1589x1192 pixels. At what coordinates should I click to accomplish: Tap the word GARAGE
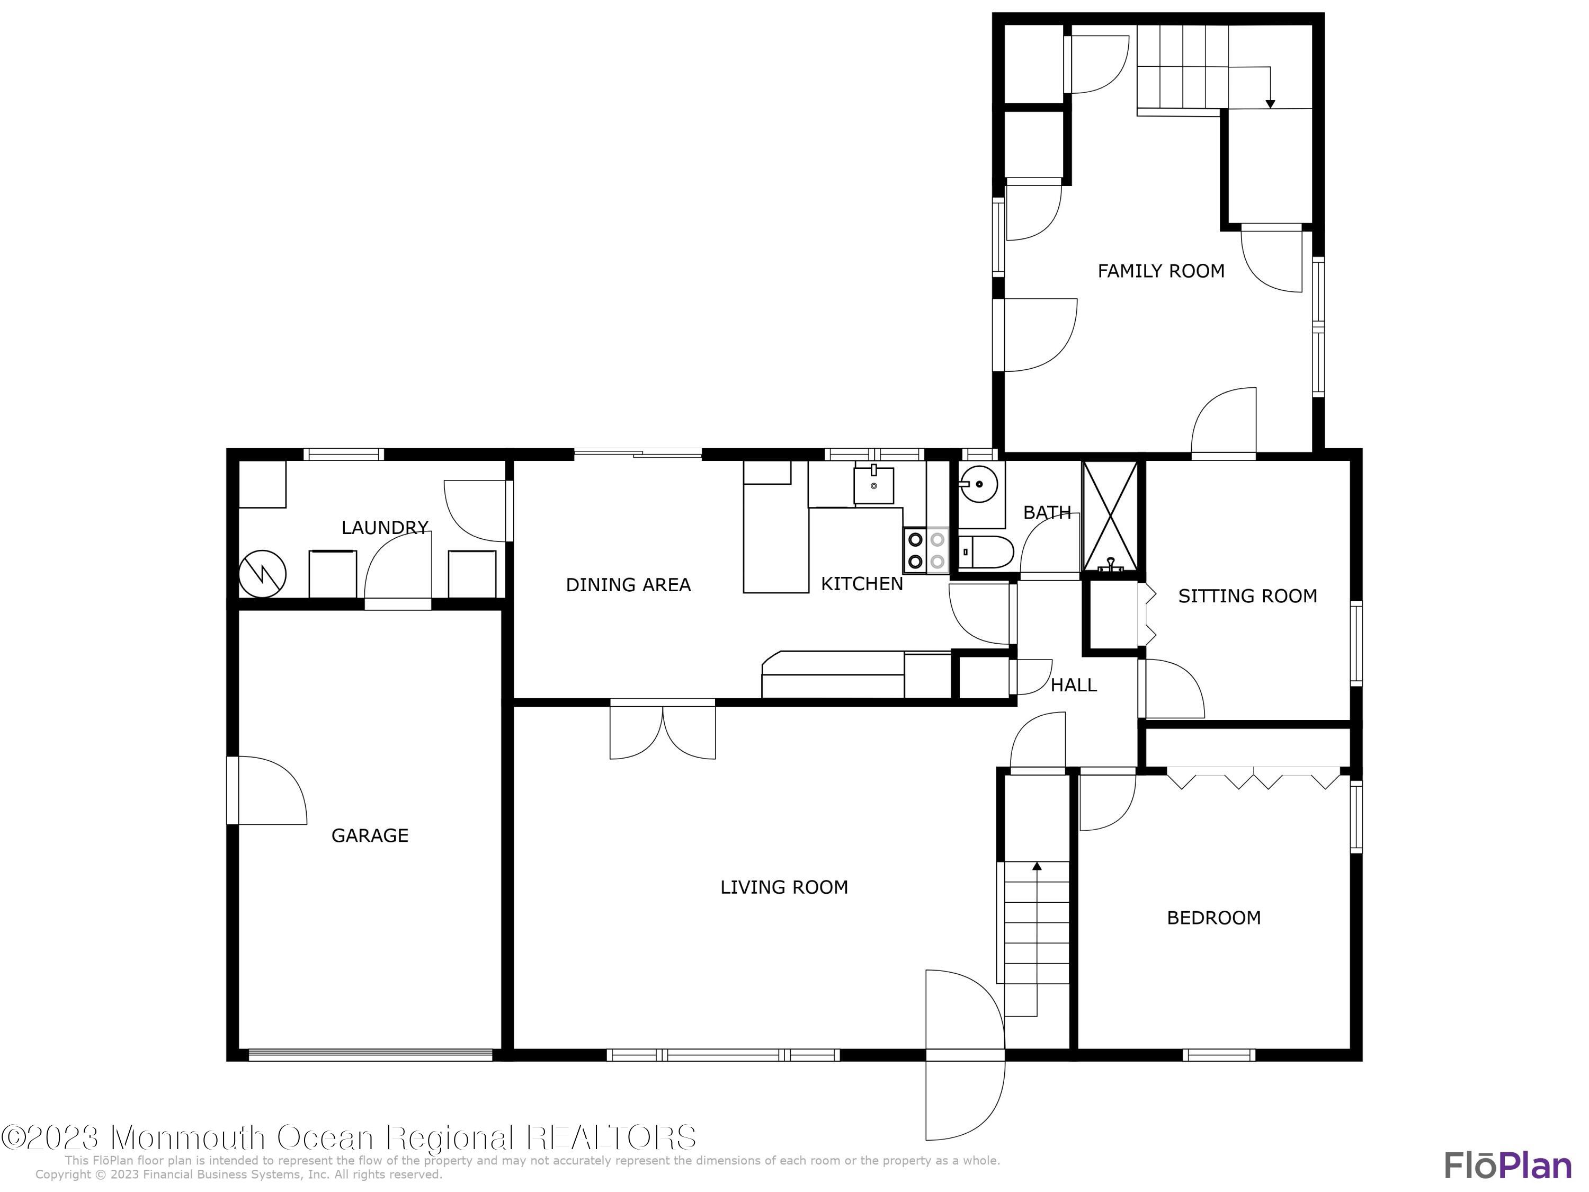[x=369, y=835]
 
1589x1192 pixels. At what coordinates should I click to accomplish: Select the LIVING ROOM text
[x=784, y=887]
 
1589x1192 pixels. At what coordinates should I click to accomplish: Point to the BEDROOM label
[x=1213, y=918]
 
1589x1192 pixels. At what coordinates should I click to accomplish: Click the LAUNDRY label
[x=385, y=527]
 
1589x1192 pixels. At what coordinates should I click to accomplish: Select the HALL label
[x=1073, y=684]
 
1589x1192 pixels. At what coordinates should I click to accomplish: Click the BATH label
[x=1047, y=512]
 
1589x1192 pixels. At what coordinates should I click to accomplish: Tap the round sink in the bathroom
[x=978, y=484]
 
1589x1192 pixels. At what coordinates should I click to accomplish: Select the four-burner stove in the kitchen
[x=926, y=550]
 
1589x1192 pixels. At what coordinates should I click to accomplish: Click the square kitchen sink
[x=873, y=485]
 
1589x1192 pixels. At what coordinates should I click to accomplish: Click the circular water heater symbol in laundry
[x=262, y=573]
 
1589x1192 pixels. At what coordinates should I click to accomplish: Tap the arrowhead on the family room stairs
[x=1270, y=104]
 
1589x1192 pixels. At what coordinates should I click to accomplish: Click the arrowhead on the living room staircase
[x=1037, y=867]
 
